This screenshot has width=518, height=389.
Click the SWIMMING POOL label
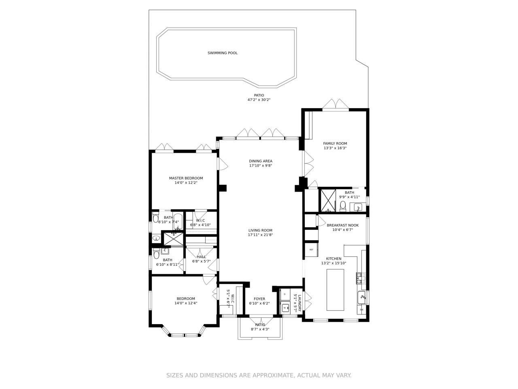(223, 53)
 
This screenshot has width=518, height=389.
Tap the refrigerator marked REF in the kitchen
(311, 250)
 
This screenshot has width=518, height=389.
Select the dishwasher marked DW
(361, 310)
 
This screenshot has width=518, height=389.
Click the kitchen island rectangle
(335, 290)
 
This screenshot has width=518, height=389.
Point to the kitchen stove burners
(360, 278)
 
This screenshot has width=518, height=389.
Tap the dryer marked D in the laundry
(285, 294)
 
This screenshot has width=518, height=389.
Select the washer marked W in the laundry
(285, 308)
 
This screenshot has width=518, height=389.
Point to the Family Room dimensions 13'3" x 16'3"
(335, 148)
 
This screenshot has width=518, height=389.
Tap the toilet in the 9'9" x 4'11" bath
(343, 206)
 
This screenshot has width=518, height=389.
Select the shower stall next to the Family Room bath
(328, 200)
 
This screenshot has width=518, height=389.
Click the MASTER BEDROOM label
(186, 178)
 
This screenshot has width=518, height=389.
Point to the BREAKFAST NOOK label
(343, 225)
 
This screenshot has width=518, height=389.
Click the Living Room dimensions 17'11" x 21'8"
(261, 235)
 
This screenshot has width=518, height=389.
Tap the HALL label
(202, 256)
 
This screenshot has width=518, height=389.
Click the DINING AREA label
(261, 161)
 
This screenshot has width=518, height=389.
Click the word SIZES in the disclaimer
(175, 376)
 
